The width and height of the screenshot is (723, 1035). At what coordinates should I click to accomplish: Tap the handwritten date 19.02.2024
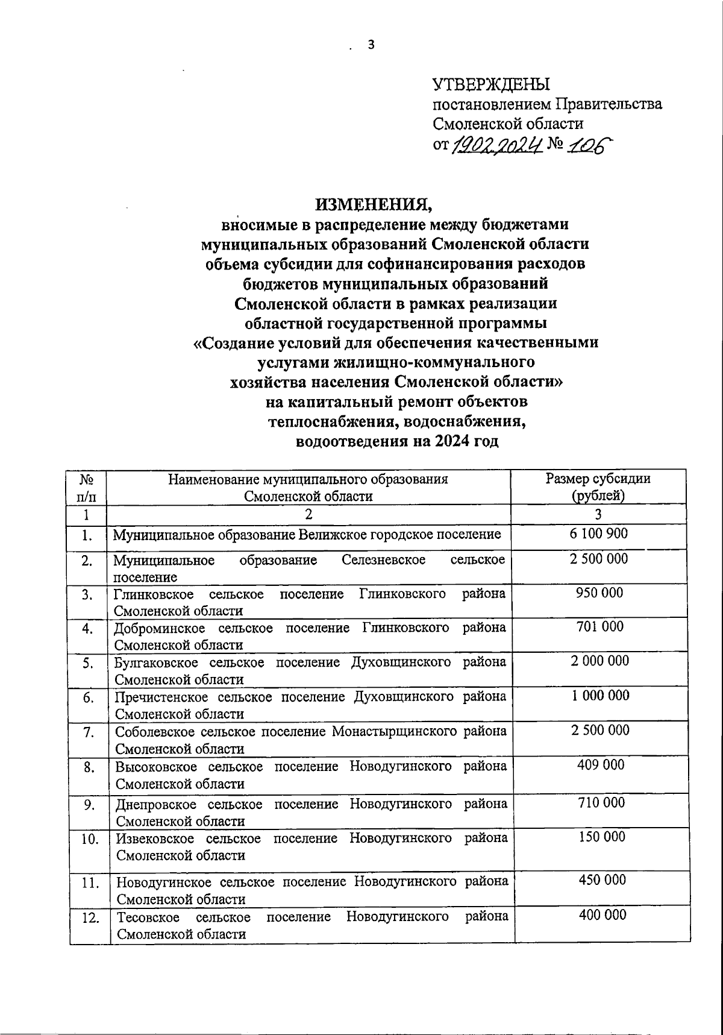[x=497, y=144]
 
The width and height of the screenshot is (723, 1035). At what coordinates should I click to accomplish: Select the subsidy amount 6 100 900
[x=599, y=533]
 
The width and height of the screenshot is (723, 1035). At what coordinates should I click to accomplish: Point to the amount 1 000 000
[x=600, y=696]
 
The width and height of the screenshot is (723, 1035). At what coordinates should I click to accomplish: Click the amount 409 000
[x=600, y=765]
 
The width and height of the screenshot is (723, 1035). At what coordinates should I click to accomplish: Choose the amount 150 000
[x=601, y=837]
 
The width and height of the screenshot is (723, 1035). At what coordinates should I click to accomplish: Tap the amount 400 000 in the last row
[x=602, y=915]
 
